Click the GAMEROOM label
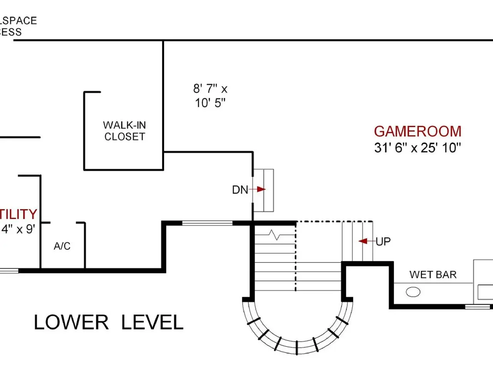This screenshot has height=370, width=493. pos(418,131)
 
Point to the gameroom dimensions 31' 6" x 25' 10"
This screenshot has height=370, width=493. pos(418,148)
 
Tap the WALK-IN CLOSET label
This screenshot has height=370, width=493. pos(124,131)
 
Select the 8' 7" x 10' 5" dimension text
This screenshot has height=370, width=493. pos(210,96)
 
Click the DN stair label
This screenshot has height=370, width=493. pos(240,190)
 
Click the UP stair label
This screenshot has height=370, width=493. pos(383,242)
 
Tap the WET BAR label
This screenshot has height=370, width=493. pos(433,275)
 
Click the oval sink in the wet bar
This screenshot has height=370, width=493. pos(413,292)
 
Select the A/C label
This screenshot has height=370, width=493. pos(62,246)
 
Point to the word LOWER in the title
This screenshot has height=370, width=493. pos(71,323)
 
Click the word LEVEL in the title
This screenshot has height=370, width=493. pos(152,323)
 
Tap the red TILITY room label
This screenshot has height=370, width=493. pos(18,214)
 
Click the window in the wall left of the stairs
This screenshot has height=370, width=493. pos(207,223)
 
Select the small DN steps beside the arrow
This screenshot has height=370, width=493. pos(264,190)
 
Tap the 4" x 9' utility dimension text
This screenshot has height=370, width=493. pos(18,229)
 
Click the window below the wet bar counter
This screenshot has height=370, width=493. pos(478,307)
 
